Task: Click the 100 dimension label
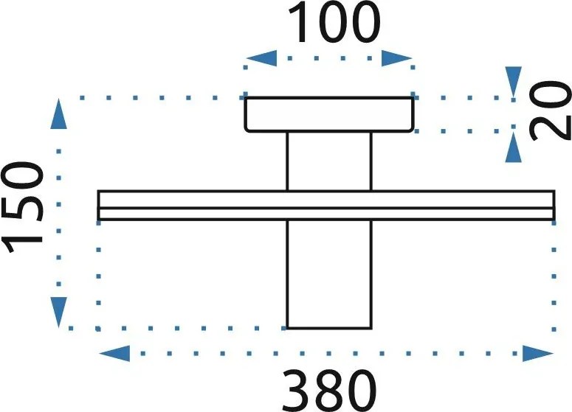[334, 22]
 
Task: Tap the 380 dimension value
[329, 391]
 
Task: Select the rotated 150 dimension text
[22, 203]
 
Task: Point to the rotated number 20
[550, 110]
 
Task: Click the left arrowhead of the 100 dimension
[261, 58]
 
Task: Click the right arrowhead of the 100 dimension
[397, 58]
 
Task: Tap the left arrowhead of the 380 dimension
[114, 353]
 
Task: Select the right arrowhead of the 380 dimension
[538, 353]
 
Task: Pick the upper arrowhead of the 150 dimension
[58, 114]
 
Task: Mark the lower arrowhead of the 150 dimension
[58, 313]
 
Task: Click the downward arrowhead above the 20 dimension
[514, 83]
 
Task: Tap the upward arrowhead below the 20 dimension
[514, 147]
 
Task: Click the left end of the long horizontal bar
[99, 205]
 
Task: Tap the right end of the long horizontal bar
[554, 205]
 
